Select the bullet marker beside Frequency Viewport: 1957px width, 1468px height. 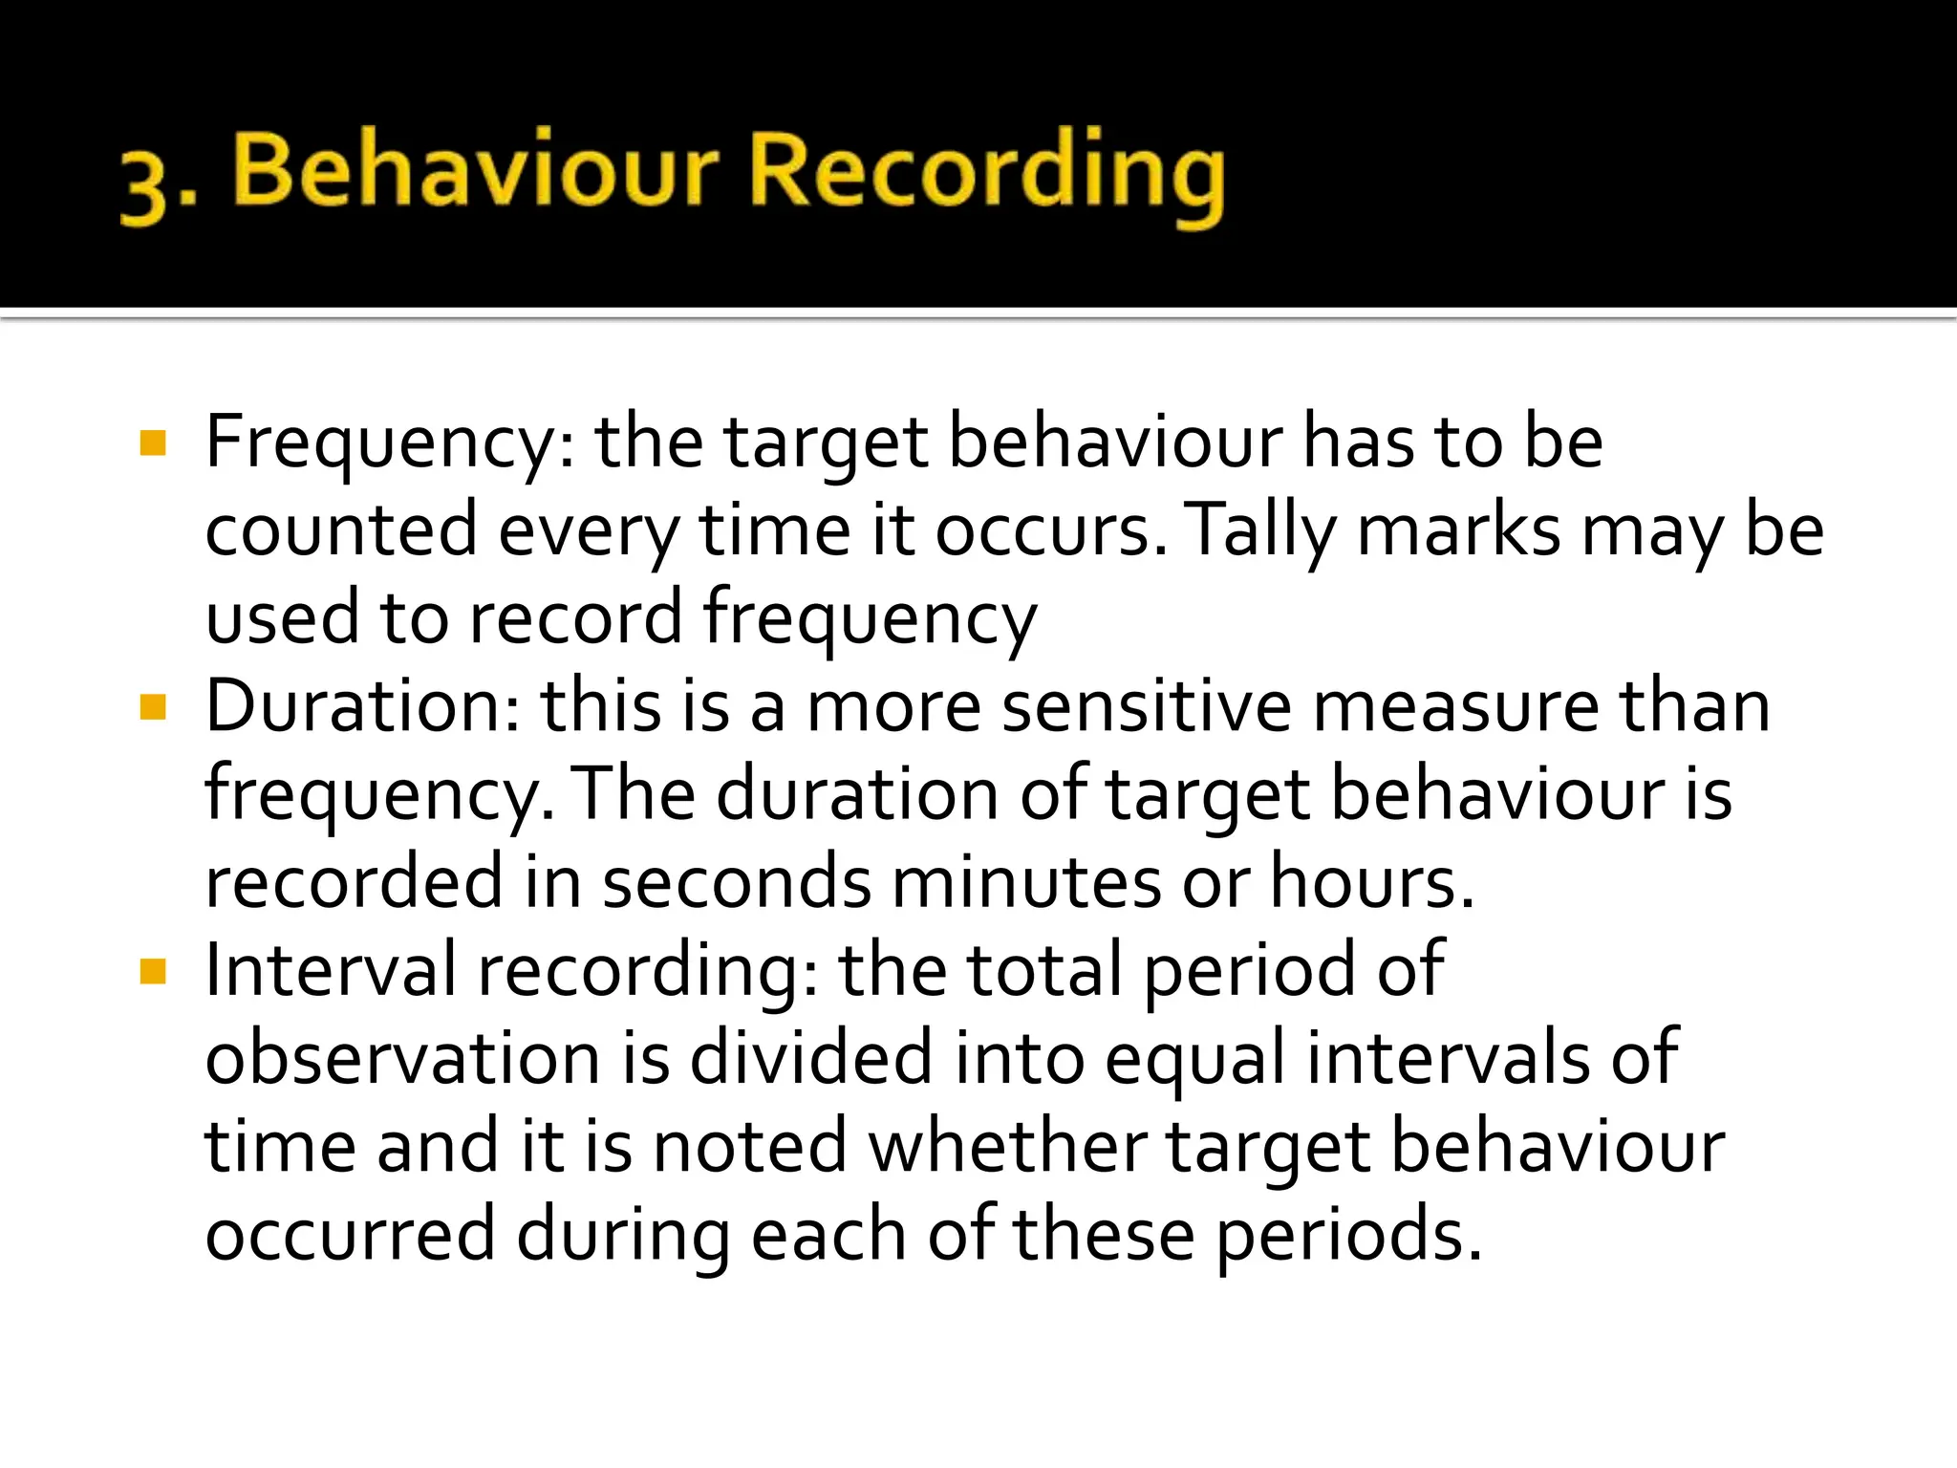coord(153,443)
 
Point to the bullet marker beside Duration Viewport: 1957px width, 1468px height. coord(153,708)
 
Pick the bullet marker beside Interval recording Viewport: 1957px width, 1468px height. coord(153,972)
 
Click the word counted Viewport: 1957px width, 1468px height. coord(340,531)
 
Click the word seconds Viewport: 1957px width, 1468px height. coord(737,884)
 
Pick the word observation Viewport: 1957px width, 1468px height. coord(402,1060)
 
